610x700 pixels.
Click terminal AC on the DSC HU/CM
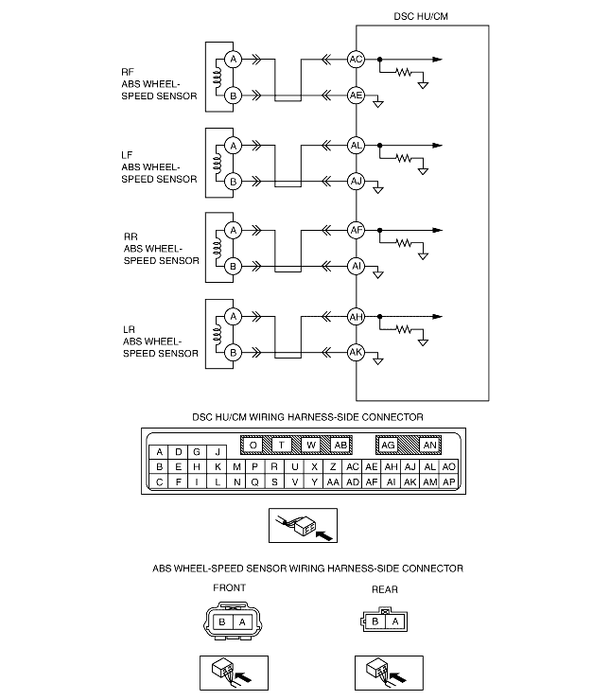pos(356,60)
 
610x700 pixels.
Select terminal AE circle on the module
pos(356,96)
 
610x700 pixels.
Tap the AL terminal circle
pos(356,145)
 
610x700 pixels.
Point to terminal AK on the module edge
pos(356,352)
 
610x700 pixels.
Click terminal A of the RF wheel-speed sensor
pos(233,60)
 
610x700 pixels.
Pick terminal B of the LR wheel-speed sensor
pos(233,352)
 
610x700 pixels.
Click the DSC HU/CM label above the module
pos(421,15)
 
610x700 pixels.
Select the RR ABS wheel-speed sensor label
pos(161,250)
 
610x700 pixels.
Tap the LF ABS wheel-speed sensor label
pos(159,166)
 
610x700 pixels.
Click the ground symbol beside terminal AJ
pos(378,190)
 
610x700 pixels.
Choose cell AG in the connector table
pos(388,445)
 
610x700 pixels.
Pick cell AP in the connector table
pos(449,481)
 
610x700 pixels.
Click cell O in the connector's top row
pos(253,445)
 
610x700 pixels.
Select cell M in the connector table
pos(235,466)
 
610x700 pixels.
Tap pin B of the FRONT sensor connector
pos(221,621)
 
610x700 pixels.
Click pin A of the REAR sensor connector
pos(393,621)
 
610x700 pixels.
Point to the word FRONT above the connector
pos(229,587)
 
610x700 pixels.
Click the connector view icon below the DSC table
pos(303,526)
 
